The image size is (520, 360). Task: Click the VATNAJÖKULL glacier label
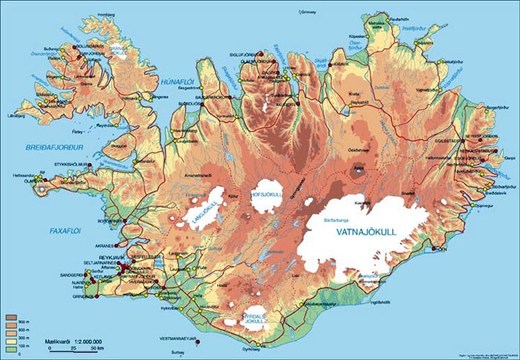click(x=367, y=232)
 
